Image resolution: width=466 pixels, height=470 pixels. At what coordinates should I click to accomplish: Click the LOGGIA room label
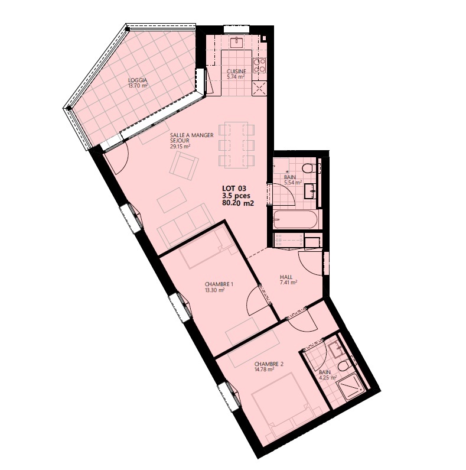(138, 80)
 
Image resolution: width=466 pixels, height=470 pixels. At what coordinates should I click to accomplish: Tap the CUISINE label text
(236, 72)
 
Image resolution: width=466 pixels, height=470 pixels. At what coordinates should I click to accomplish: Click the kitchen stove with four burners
(260, 66)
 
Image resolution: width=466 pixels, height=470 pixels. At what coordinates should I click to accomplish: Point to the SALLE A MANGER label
(192, 135)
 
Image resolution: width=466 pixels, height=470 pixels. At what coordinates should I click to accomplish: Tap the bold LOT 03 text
(234, 189)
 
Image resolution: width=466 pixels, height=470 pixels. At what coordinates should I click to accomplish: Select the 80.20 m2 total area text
(238, 203)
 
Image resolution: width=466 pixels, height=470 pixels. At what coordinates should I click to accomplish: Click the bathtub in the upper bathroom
(295, 219)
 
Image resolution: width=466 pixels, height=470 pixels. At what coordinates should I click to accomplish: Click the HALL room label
(286, 277)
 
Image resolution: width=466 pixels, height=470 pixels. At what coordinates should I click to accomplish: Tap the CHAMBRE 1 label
(219, 284)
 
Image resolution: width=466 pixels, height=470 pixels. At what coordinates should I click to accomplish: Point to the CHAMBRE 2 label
(269, 364)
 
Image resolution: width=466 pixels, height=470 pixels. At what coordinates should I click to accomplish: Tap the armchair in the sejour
(184, 166)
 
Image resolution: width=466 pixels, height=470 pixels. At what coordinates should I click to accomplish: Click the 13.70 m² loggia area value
(138, 85)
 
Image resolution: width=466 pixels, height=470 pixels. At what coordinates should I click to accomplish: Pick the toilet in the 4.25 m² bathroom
(344, 366)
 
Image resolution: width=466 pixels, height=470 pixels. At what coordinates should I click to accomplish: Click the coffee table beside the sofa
(172, 200)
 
